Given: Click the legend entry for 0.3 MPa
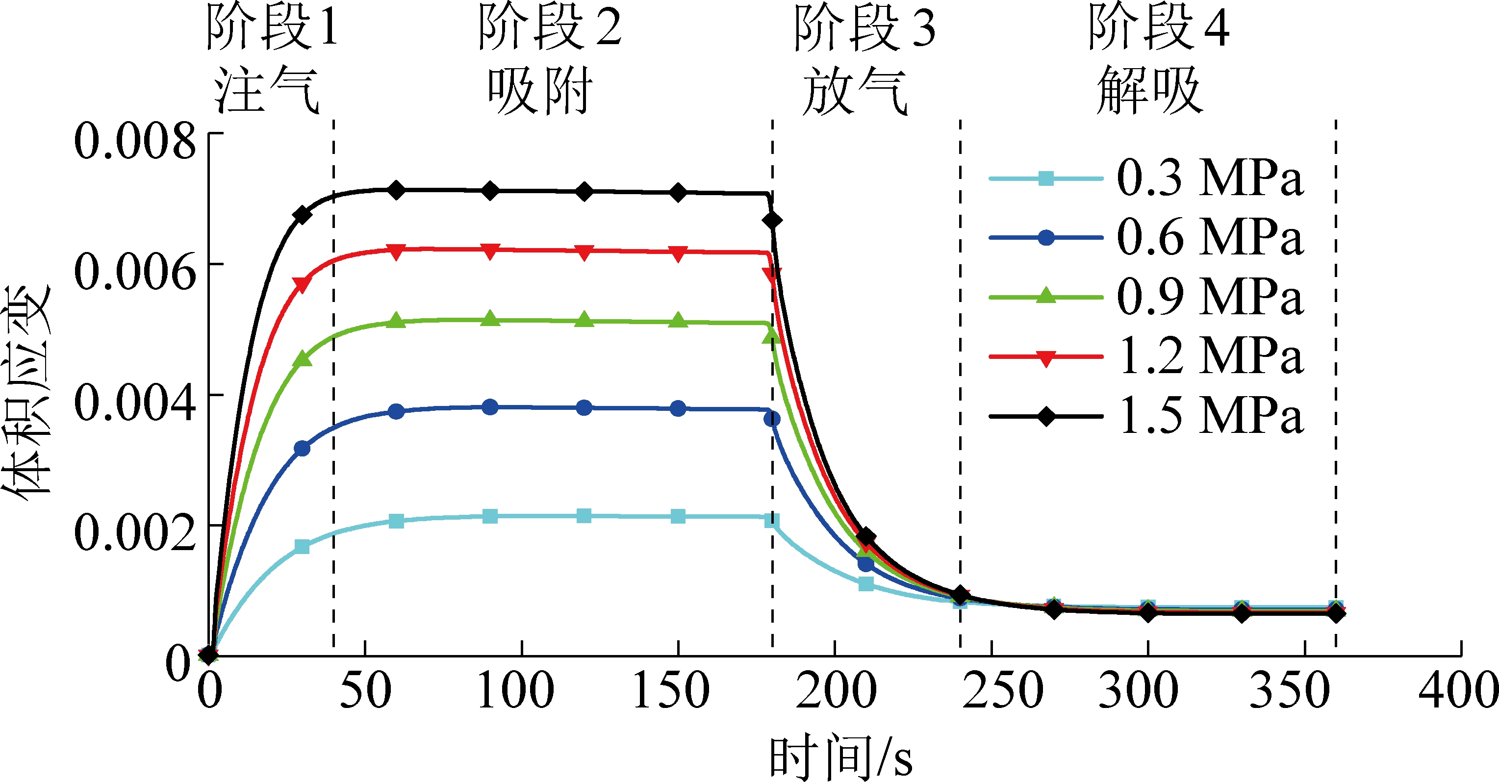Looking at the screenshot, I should (1209, 177).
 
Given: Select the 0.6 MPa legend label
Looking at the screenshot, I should (1209, 237).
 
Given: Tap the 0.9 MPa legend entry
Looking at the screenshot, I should (1209, 297).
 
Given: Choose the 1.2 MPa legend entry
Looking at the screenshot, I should (1209, 356).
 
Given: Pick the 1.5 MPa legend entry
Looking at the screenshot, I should (1209, 416).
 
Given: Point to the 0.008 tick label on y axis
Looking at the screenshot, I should (135, 141).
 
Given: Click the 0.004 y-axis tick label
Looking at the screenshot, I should (135, 403).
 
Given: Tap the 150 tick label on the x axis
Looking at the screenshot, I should (671, 691).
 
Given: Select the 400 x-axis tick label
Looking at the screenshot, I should (1458, 691).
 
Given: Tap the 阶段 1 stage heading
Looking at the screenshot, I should (272, 28).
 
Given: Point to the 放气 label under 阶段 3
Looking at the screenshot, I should (854, 91).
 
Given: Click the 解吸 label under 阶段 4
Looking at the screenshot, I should (1150, 91).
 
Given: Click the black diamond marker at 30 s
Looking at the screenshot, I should (302, 215).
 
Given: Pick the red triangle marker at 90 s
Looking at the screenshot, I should (490, 252).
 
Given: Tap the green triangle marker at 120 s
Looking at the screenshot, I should (584, 320).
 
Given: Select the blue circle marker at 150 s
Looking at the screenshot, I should (678, 408).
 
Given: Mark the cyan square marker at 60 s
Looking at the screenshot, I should (396, 521).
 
